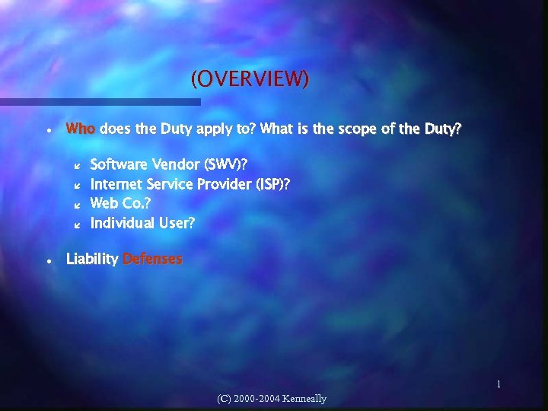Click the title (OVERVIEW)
pos(250,79)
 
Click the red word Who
pos(81,129)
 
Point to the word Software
pos(119,164)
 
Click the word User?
pos(177,223)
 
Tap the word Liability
pos(92,260)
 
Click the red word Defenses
pos(152,260)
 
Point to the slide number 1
pos(499,385)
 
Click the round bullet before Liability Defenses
pos(48,260)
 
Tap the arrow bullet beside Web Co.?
pos(75,205)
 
